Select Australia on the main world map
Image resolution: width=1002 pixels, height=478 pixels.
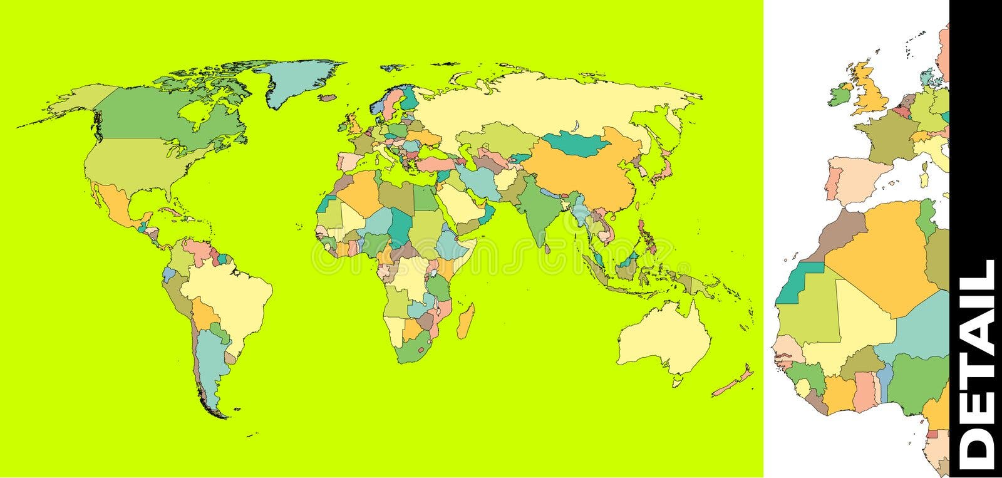coord(664,338)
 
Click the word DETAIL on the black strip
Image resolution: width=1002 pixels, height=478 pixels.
coord(978,360)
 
